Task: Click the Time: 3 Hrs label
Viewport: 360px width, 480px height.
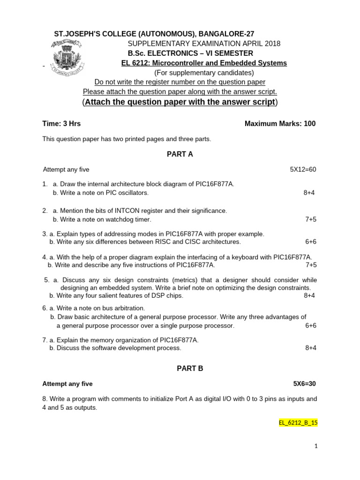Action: coord(61,124)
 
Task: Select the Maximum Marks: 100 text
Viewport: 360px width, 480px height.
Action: coord(280,124)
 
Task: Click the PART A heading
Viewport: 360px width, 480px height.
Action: coord(180,154)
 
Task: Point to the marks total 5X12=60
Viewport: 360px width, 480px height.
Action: coord(303,169)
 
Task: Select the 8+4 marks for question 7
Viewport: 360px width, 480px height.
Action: coord(310,348)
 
